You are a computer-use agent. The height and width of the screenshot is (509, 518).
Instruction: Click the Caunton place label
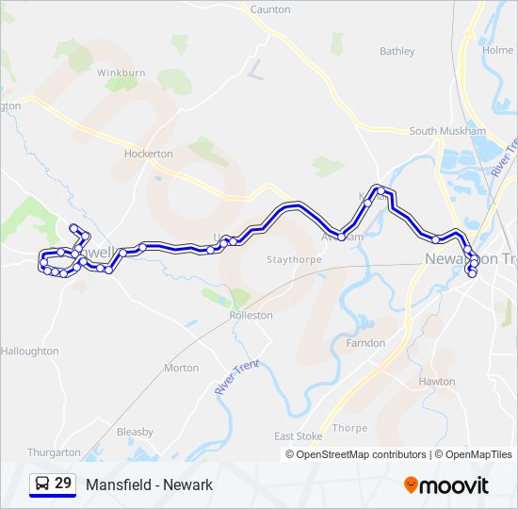[x=270, y=8]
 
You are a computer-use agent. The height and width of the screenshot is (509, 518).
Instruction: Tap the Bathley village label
[x=397, y=51]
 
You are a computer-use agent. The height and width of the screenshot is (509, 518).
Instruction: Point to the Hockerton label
[x=149, y=153]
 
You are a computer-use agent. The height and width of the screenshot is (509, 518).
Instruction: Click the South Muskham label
[x=447, y=131]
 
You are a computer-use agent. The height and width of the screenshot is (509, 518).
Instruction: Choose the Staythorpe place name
[x=294, y=259]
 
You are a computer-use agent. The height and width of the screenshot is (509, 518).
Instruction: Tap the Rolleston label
[x=251, y=315]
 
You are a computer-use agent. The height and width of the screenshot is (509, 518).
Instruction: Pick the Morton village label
[x=181, y=368]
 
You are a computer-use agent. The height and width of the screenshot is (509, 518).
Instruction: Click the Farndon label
[x=365, y=343]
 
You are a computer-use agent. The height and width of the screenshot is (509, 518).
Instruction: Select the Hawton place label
[x=437, y=382]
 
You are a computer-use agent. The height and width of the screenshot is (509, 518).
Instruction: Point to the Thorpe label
[x=349, y=427]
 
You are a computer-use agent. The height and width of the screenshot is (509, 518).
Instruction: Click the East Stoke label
[x=298, y=436]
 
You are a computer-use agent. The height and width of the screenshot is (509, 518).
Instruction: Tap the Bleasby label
[x=135, y=432]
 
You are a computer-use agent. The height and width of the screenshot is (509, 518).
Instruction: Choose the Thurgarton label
[x=55, y=452]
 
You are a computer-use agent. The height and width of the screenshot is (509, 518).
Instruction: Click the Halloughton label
[x=29, y=351]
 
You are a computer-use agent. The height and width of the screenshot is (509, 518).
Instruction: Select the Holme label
[x=497, y=50]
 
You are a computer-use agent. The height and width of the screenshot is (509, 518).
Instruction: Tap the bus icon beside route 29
[x=41, y=484]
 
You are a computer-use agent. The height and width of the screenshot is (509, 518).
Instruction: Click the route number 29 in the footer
[x=63, y=484]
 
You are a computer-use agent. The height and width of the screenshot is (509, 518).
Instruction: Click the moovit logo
[x=446, y=485]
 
